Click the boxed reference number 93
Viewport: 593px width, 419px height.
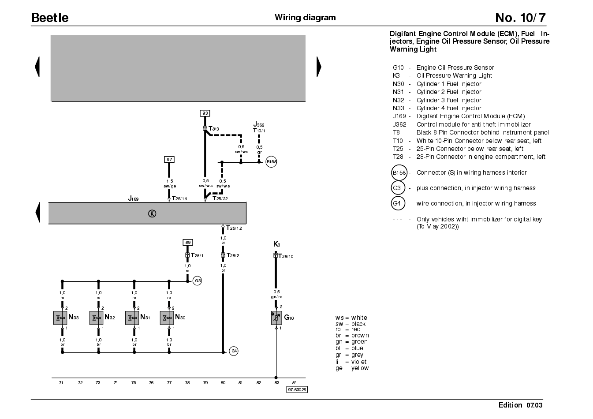point(205,113)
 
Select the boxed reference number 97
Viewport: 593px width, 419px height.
point(169,160)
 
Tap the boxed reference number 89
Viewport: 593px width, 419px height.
point(188,242)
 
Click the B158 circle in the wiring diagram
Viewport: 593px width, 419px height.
point(271,162)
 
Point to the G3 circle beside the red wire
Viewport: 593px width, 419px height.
point(197,281)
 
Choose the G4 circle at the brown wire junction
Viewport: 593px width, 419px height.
point(234,351)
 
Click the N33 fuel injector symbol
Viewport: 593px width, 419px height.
point(60,318)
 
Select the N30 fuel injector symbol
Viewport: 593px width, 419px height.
point(167,318)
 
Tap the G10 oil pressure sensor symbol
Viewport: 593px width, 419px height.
point(276,318)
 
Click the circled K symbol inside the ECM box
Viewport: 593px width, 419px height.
point(152,213)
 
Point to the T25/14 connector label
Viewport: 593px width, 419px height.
point(179,198)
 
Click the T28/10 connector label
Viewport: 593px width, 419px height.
point(286,256)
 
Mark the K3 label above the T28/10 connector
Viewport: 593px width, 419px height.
point(276,244)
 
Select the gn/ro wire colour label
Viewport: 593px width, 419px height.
point(276,297)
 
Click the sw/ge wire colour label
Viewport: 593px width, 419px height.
point(170,186)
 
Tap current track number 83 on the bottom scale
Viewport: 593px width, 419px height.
point(276,383)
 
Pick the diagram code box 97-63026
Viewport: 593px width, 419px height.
point(297,389)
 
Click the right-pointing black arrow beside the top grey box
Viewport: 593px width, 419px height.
point(319,67)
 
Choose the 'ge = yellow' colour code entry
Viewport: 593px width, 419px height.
point(352,368)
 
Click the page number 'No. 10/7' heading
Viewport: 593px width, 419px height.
point(520,18)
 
